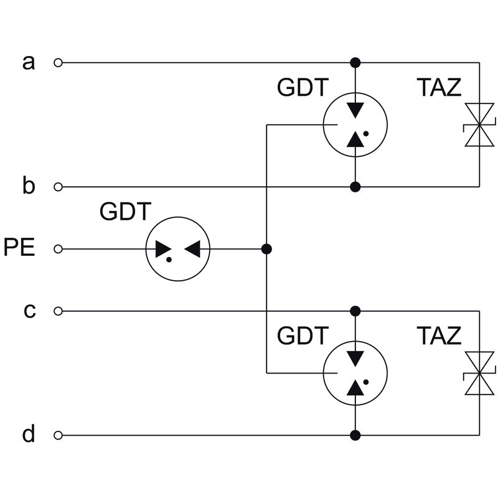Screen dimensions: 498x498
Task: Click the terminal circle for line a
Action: pos(59,62)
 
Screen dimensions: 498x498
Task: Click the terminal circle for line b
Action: pos(59,186)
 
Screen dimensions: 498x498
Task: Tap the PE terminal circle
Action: pos(59,249)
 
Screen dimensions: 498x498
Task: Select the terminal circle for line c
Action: pos(59,311)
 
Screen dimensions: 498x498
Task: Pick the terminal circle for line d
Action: pos(59,435)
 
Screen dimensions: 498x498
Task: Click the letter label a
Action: pos(29,62)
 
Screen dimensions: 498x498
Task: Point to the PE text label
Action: pos(19,248)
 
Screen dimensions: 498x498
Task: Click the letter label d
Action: pos(29,434)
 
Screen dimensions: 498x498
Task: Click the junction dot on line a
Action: pos(355,62)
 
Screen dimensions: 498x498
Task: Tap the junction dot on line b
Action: pos(355,186)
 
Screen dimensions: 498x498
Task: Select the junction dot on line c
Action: pos(355,311)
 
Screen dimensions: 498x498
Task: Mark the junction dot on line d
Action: pos(355,435)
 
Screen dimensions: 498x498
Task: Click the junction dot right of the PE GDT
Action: pos(266,249)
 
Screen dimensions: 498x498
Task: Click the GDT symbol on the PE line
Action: pos(178,249)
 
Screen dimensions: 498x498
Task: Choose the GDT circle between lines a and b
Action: pos(355,125)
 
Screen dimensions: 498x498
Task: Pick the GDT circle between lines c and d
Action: pos(355,374)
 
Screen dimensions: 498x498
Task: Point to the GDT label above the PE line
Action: pos(125,212)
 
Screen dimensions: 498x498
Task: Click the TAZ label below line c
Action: pos(439,336)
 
